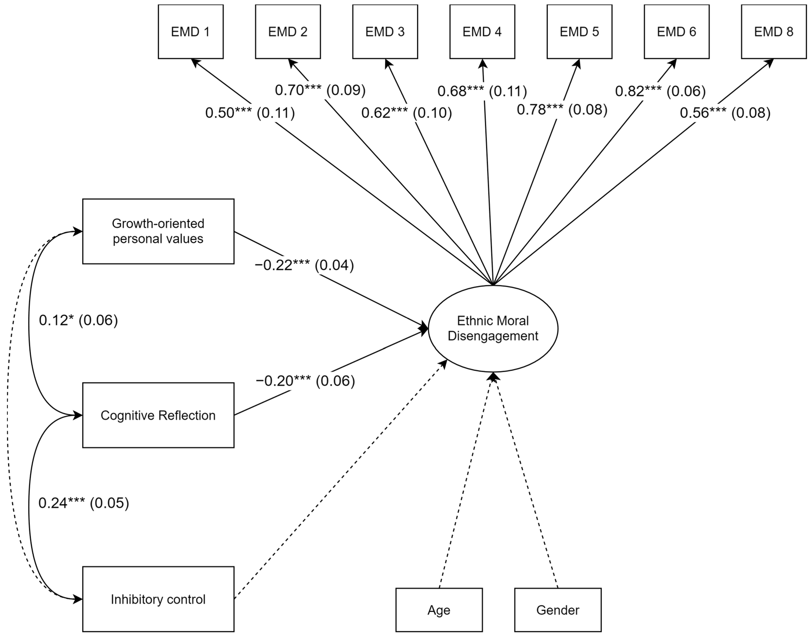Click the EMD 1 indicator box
click(191, 32)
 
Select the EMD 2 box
click(288, 32)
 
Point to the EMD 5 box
click(579, 32)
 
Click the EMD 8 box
click(774, 32)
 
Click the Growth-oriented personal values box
click(158, 231)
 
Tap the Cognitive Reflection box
click(158, 415)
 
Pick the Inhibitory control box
click(158, 599)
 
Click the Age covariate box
click(439, 610)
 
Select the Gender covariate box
click(558, 610)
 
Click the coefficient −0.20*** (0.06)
click(305, 381)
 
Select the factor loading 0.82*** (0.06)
click(660, 91)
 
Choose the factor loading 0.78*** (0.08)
click(562, 109)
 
